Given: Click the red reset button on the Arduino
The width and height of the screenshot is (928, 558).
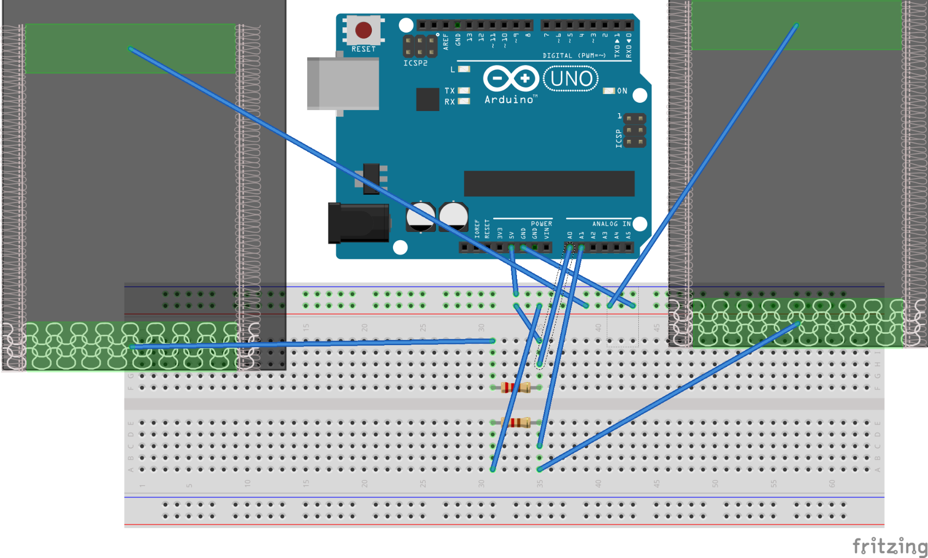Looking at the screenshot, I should point(364,30).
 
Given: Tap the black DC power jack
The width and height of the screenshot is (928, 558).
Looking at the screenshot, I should point(358,223).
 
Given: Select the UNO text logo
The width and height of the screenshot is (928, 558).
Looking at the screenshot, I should point(571,79).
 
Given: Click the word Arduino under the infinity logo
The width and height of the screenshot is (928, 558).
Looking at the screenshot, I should point(509,100).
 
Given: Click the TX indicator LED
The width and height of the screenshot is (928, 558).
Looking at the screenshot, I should point(464,90).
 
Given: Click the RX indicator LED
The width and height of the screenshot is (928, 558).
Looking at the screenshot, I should point(464,101).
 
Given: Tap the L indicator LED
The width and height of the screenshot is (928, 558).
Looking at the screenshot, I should point(464,69).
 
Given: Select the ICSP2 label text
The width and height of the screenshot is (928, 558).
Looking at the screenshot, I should point(415,63).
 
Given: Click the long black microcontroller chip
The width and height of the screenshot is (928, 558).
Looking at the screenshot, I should point(549,183).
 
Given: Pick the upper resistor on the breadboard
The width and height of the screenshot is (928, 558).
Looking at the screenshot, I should point(515,388).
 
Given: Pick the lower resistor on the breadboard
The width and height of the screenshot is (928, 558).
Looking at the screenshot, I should point(515,423).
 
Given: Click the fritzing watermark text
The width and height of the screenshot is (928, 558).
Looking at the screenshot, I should point(889,546).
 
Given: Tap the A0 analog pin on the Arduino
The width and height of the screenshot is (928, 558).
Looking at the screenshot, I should point(569,247).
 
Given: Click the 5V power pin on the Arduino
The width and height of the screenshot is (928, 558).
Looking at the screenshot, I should point(511,247).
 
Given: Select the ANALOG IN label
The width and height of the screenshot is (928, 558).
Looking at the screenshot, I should point(611,224).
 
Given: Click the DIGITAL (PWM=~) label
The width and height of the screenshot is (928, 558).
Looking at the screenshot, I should point(574,55).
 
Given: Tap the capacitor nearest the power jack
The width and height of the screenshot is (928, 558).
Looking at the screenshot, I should point(420,216).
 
